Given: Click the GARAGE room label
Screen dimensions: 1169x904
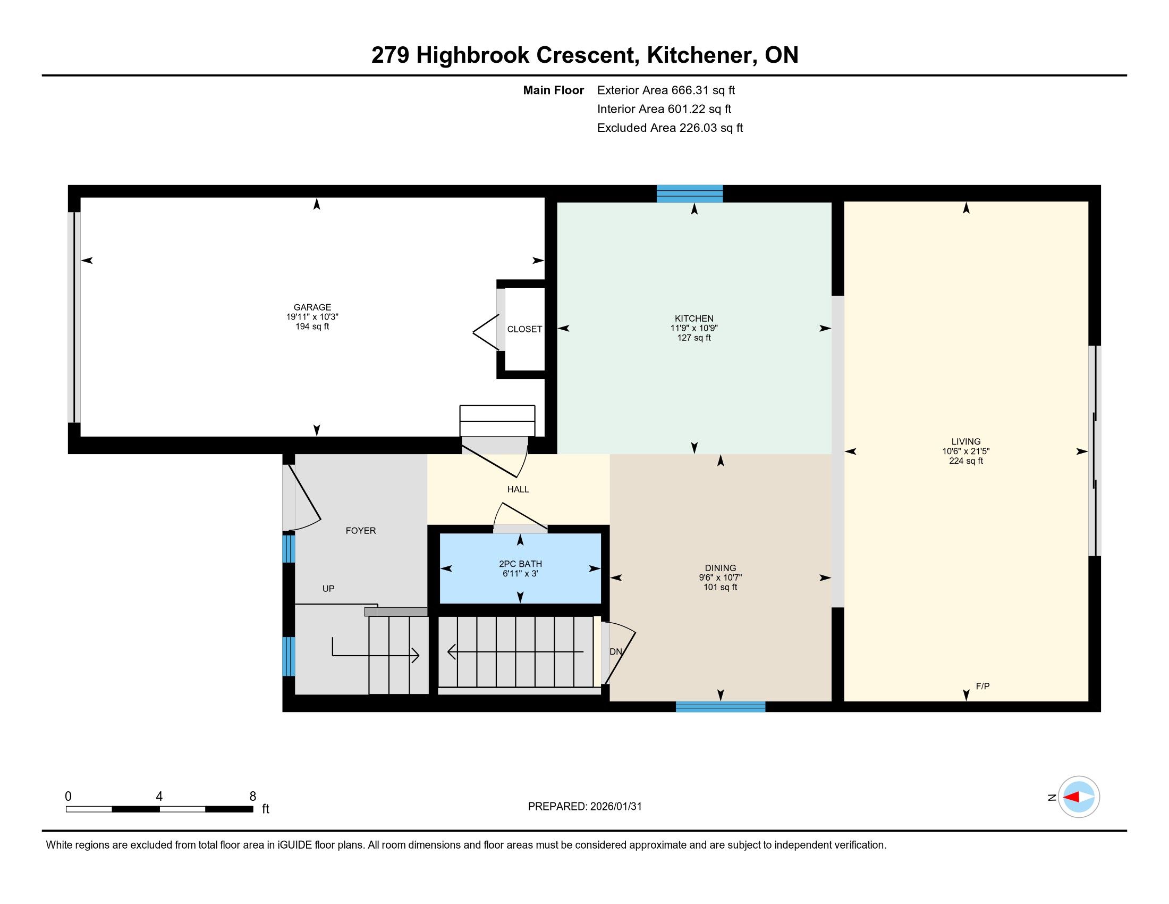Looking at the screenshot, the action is [x=312, y=307].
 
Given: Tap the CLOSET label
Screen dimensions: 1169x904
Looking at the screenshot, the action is [x=524, y=329].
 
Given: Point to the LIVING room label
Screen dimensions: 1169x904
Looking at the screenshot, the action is [x=965, y=442].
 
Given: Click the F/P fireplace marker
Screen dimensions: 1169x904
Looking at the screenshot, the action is [x=982, y=686].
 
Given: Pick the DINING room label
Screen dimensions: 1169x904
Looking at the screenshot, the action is [x=721, y=568].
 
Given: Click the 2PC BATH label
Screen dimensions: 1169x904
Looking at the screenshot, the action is [x=520, y=564].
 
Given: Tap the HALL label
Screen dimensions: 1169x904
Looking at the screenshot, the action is [x=518, y=489].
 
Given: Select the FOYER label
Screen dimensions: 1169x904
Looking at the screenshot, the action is [x=361, y=531].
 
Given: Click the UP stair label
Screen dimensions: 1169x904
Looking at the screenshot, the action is [x=328, y=589].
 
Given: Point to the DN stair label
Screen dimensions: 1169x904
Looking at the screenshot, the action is [x=615, y=652].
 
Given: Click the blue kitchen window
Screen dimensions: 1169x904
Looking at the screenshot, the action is [x=689, y=194].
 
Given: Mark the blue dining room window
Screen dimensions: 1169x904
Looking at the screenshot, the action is [x=721, y=706].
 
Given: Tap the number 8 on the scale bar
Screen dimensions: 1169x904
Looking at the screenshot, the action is [x=252, y=797].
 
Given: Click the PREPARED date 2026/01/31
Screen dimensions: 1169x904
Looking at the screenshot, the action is [x=615, y=807].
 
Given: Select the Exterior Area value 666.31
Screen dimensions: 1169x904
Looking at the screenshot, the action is [x=690, y=90].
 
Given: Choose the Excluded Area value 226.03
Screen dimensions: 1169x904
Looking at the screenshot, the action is [x=698, y=128].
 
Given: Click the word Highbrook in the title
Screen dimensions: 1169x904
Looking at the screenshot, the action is [x=473, y=55].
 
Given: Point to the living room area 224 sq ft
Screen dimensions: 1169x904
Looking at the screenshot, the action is [x=965, y=461].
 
